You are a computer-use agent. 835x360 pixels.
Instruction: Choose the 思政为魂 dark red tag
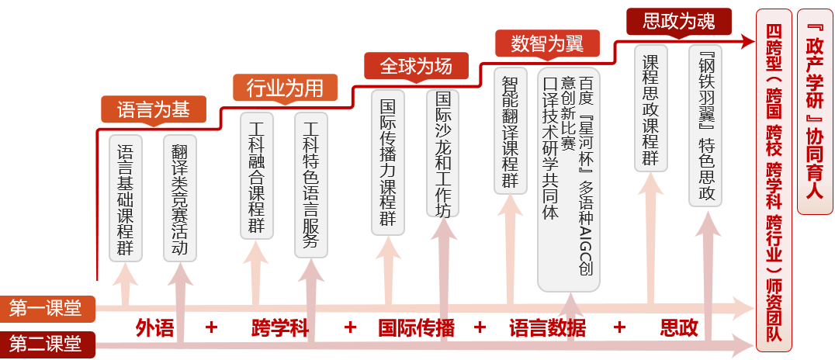[670, 21]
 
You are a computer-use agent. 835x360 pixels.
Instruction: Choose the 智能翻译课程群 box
[510, 130]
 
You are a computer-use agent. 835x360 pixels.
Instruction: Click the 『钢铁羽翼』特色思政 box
[705, 125]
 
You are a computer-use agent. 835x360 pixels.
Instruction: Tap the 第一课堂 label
[47, 309]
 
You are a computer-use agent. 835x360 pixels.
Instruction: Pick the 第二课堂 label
[47, 342]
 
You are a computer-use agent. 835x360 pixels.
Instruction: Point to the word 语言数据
[547, 327]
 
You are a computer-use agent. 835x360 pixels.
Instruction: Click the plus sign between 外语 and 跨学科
[211, 327]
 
